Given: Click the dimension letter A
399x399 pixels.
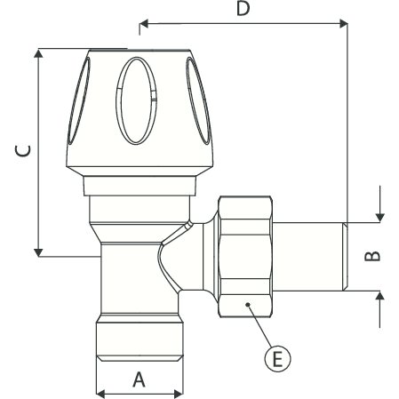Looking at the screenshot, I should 139,379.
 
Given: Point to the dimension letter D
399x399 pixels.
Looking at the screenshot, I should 242,10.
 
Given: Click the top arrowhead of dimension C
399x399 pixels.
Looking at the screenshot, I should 38,53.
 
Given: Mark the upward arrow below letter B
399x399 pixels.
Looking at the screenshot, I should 379,298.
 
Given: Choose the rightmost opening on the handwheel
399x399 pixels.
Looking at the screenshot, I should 201,107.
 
